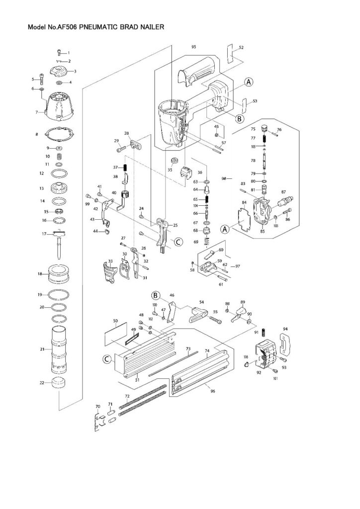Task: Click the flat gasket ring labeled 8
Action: coord(60,134)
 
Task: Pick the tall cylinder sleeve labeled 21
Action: coord(60,351)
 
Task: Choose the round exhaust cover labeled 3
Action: coord(60,70)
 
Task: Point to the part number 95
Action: coord(193,46)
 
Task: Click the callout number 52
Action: coord(241,47)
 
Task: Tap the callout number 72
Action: coord(127,396)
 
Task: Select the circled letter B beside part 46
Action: coord(155,295)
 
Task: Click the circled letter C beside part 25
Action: coord(178,242)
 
